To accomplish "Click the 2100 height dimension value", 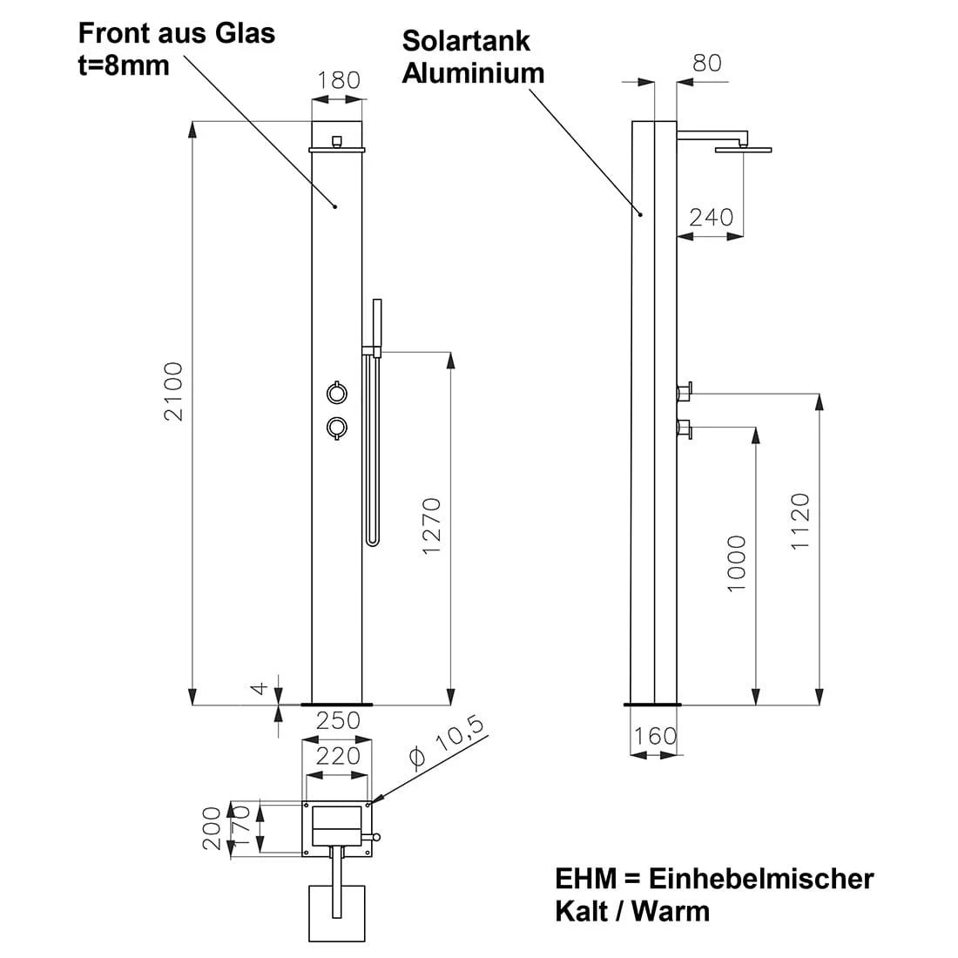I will click(x=174, y=391).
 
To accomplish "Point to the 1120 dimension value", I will click(x=800, y=521).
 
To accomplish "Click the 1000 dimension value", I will click(x=737, y=563).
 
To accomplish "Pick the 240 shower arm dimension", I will click(x=711, y=217).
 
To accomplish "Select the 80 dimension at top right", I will click(x=706, y=64).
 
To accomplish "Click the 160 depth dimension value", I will click(x=655, y=736).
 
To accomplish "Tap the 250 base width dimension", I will click(x=337, y=720).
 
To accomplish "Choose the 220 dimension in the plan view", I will click(x=337, y=755).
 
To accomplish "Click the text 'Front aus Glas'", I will click(x=177, y=33).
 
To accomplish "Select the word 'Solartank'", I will click(x=465, y=40).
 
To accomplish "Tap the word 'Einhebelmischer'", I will click(x=761, y=878).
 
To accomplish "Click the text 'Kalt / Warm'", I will click(x=632, y=911).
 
